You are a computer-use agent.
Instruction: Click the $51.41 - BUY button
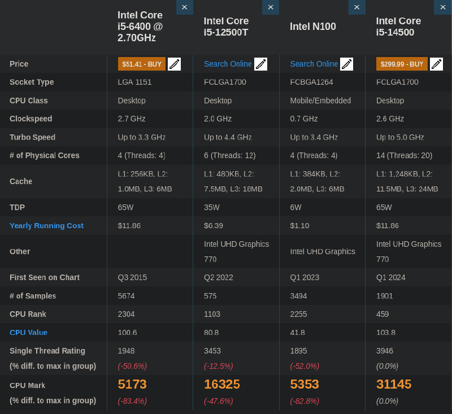[x=142, y=64]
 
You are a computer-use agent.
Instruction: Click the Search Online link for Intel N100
[x=314, y=64]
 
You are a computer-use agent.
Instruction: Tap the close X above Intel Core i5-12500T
[x=270, y=7]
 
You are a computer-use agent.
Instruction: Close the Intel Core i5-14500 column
[x=442, y=7]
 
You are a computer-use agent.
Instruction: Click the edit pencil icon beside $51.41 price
[x=175, y=64]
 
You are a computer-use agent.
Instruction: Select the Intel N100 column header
[x=312, y=27]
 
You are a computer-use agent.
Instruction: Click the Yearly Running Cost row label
[x=46, y=226]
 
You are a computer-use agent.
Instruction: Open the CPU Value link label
[x=28, y=333]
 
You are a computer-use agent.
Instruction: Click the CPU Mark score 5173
[x=132, y=385]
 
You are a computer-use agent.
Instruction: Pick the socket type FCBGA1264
[x=311, y=82]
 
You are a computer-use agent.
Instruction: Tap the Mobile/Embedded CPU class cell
[x=320, y=101]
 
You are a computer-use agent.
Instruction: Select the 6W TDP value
[x=295, y=207]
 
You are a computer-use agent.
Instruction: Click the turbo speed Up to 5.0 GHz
[x=399, y=137]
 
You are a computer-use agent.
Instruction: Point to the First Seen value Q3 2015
[x=132, y=277]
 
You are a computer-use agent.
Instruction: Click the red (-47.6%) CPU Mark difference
[x=218, y=401]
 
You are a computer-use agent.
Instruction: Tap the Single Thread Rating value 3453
[x=212, y=351]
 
